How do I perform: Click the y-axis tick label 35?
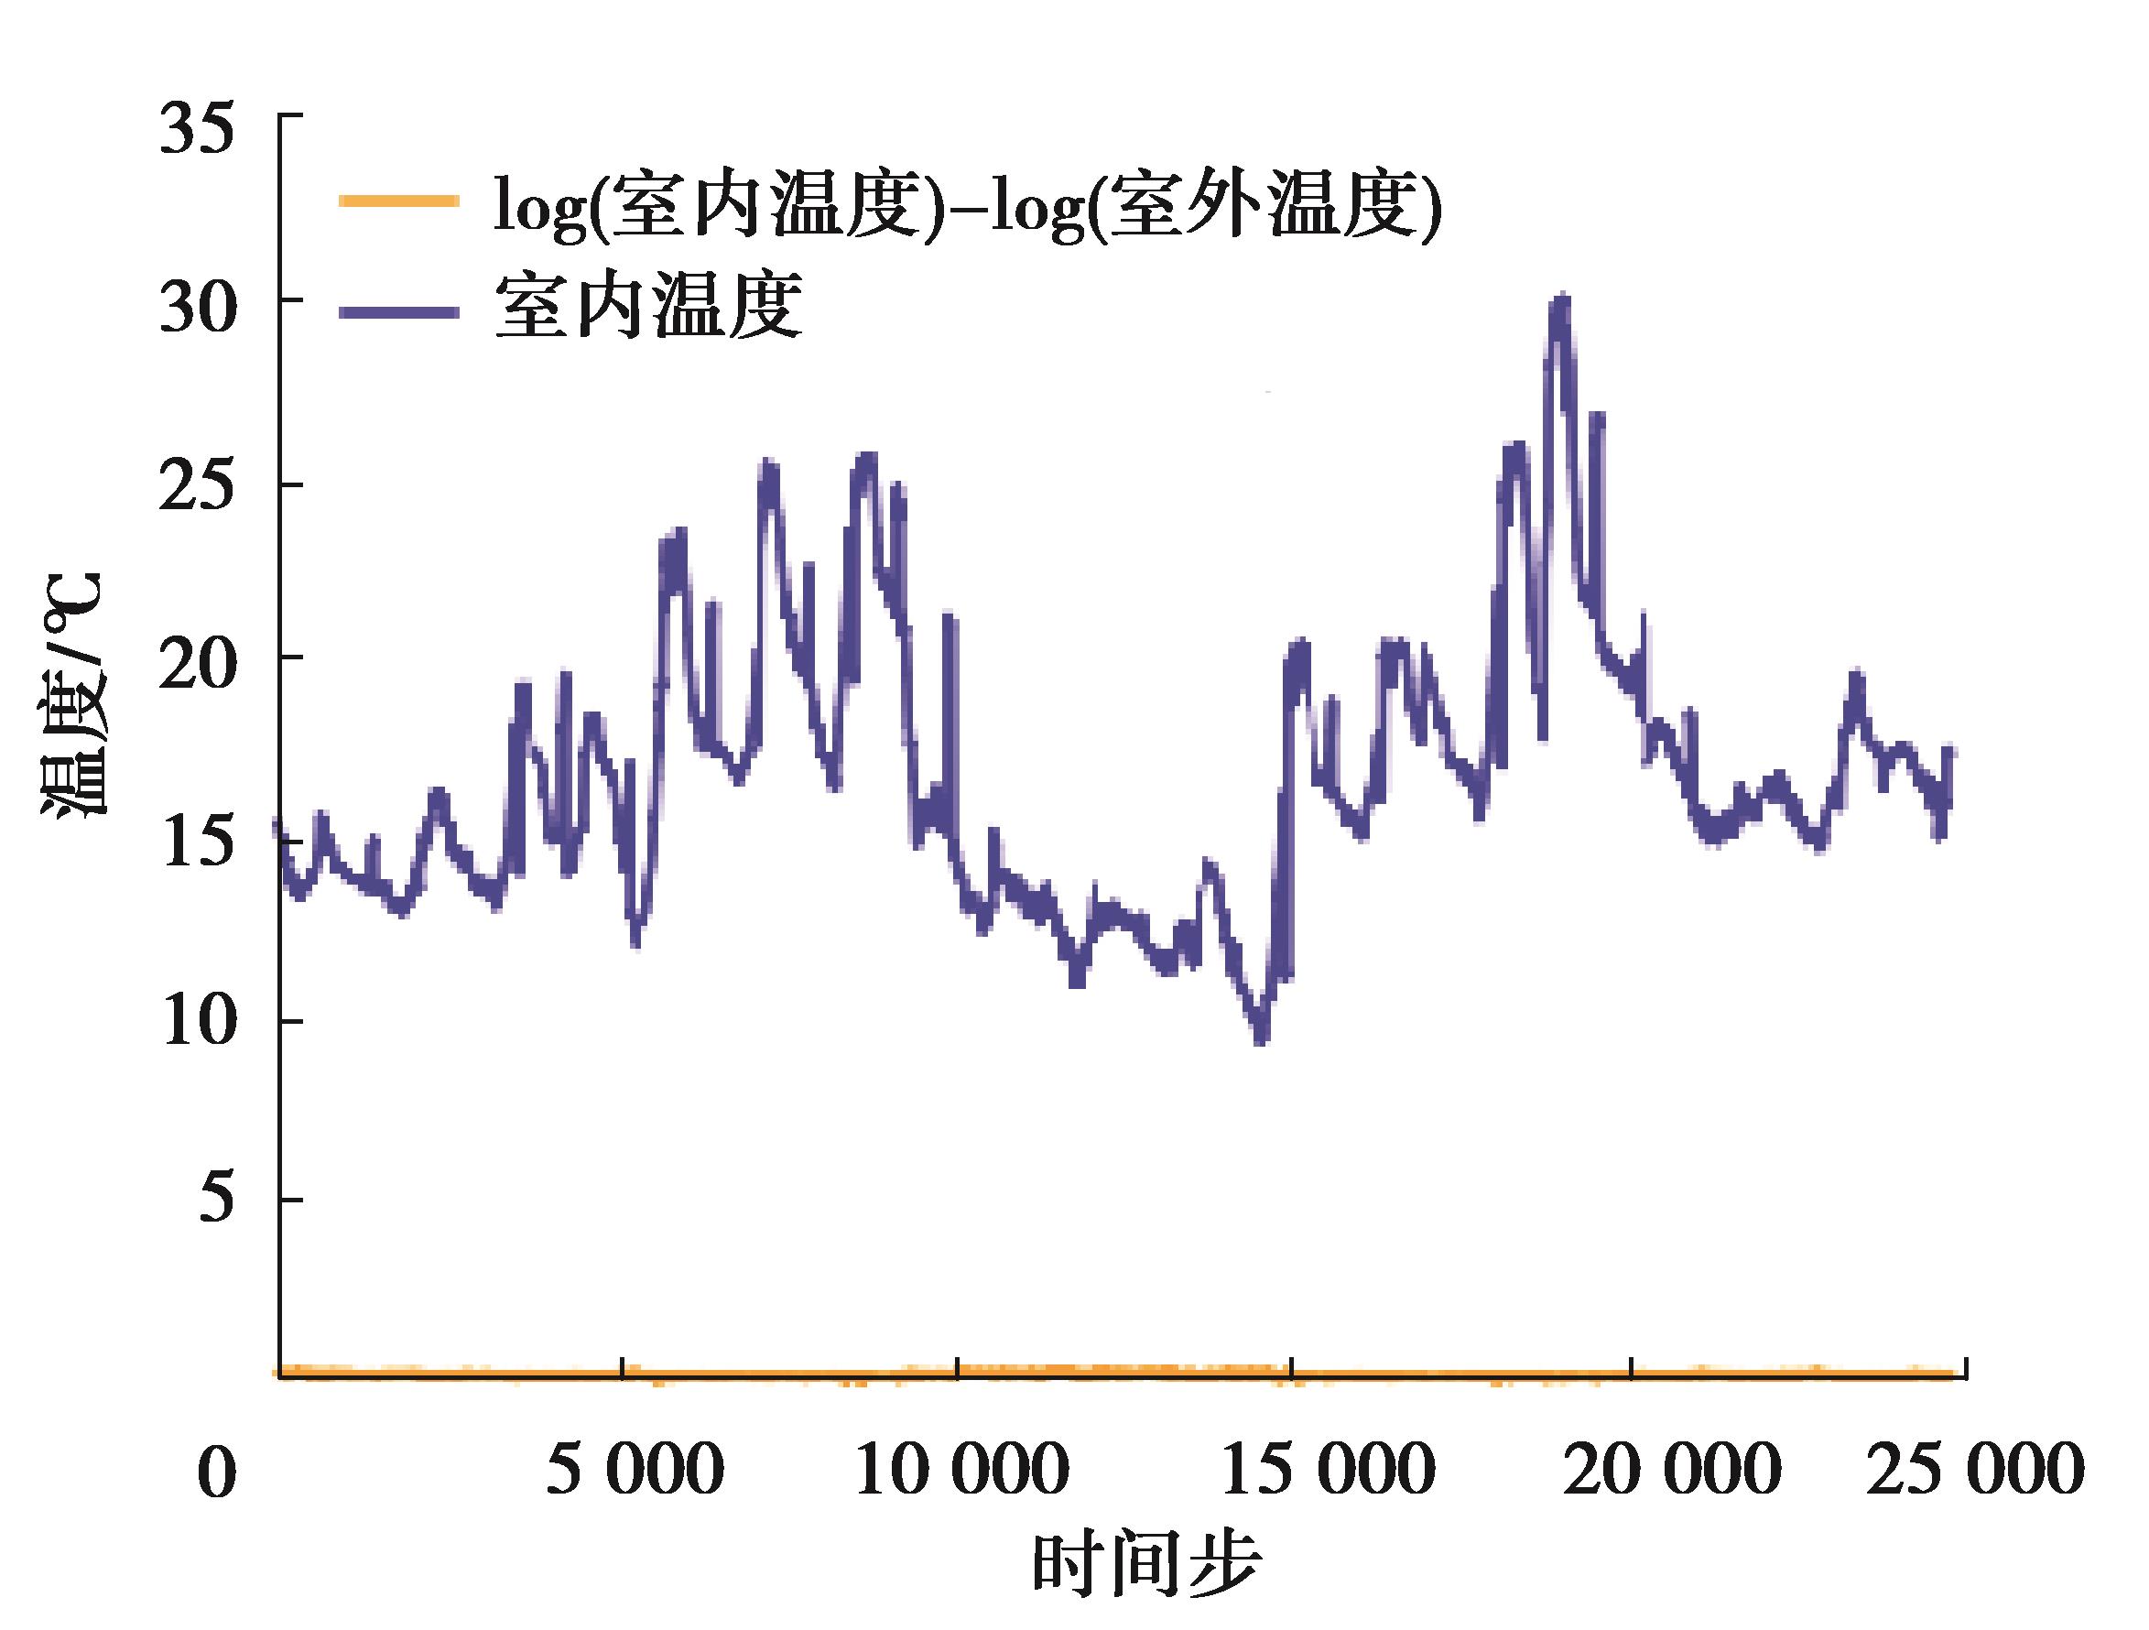click(x=197, y=131)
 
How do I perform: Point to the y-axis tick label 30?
click(x=197, y=310)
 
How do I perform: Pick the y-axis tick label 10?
click(x=197, y=1023)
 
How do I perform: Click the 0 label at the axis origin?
click(x=216, y=1472)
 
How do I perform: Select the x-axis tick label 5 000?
click(x=635, y=1469)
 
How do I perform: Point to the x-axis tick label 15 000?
click(x=1327, y=1469)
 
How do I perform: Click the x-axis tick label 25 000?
click(x=1975, y=1469)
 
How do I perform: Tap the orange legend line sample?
click(x=398, y=201)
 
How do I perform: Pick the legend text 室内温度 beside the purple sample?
click(x=648, y=307)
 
